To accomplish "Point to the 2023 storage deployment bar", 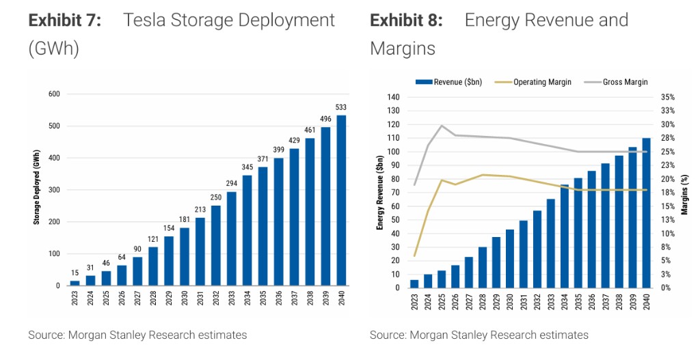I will point(75,283).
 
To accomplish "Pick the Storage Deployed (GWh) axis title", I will point(36,189).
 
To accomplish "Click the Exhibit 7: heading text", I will point(65,20).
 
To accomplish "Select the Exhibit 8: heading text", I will point(406,20).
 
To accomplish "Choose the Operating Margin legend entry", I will point(536,82).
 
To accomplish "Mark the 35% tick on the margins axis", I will point(668,97).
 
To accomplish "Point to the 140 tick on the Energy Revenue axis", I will point(392,97).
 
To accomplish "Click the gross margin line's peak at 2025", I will point(442,126).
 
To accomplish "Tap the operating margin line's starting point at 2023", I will point(414,255).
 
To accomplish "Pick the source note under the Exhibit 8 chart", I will point(479,335).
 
